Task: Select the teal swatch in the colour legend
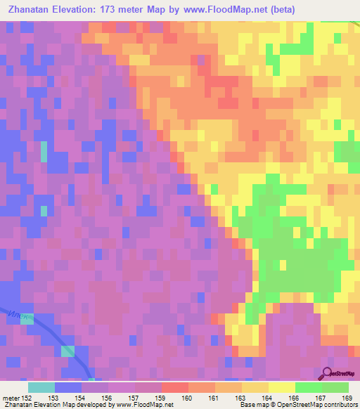41,387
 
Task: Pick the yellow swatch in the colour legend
281,387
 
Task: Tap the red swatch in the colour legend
174,387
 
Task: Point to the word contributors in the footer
340,405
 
